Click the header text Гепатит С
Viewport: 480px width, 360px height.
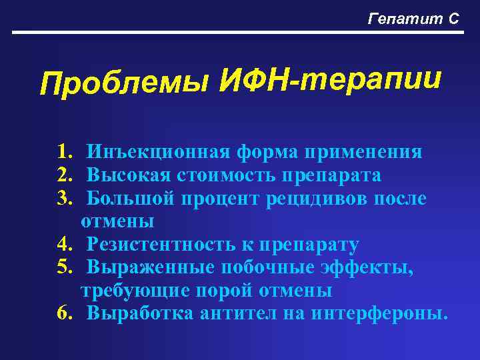pyautogui.click(x=413, y=19)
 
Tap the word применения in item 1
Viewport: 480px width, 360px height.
pyautogui.click(x=363, y=153)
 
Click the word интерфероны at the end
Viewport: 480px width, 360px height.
pyautogui.click(x=379, y=314)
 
